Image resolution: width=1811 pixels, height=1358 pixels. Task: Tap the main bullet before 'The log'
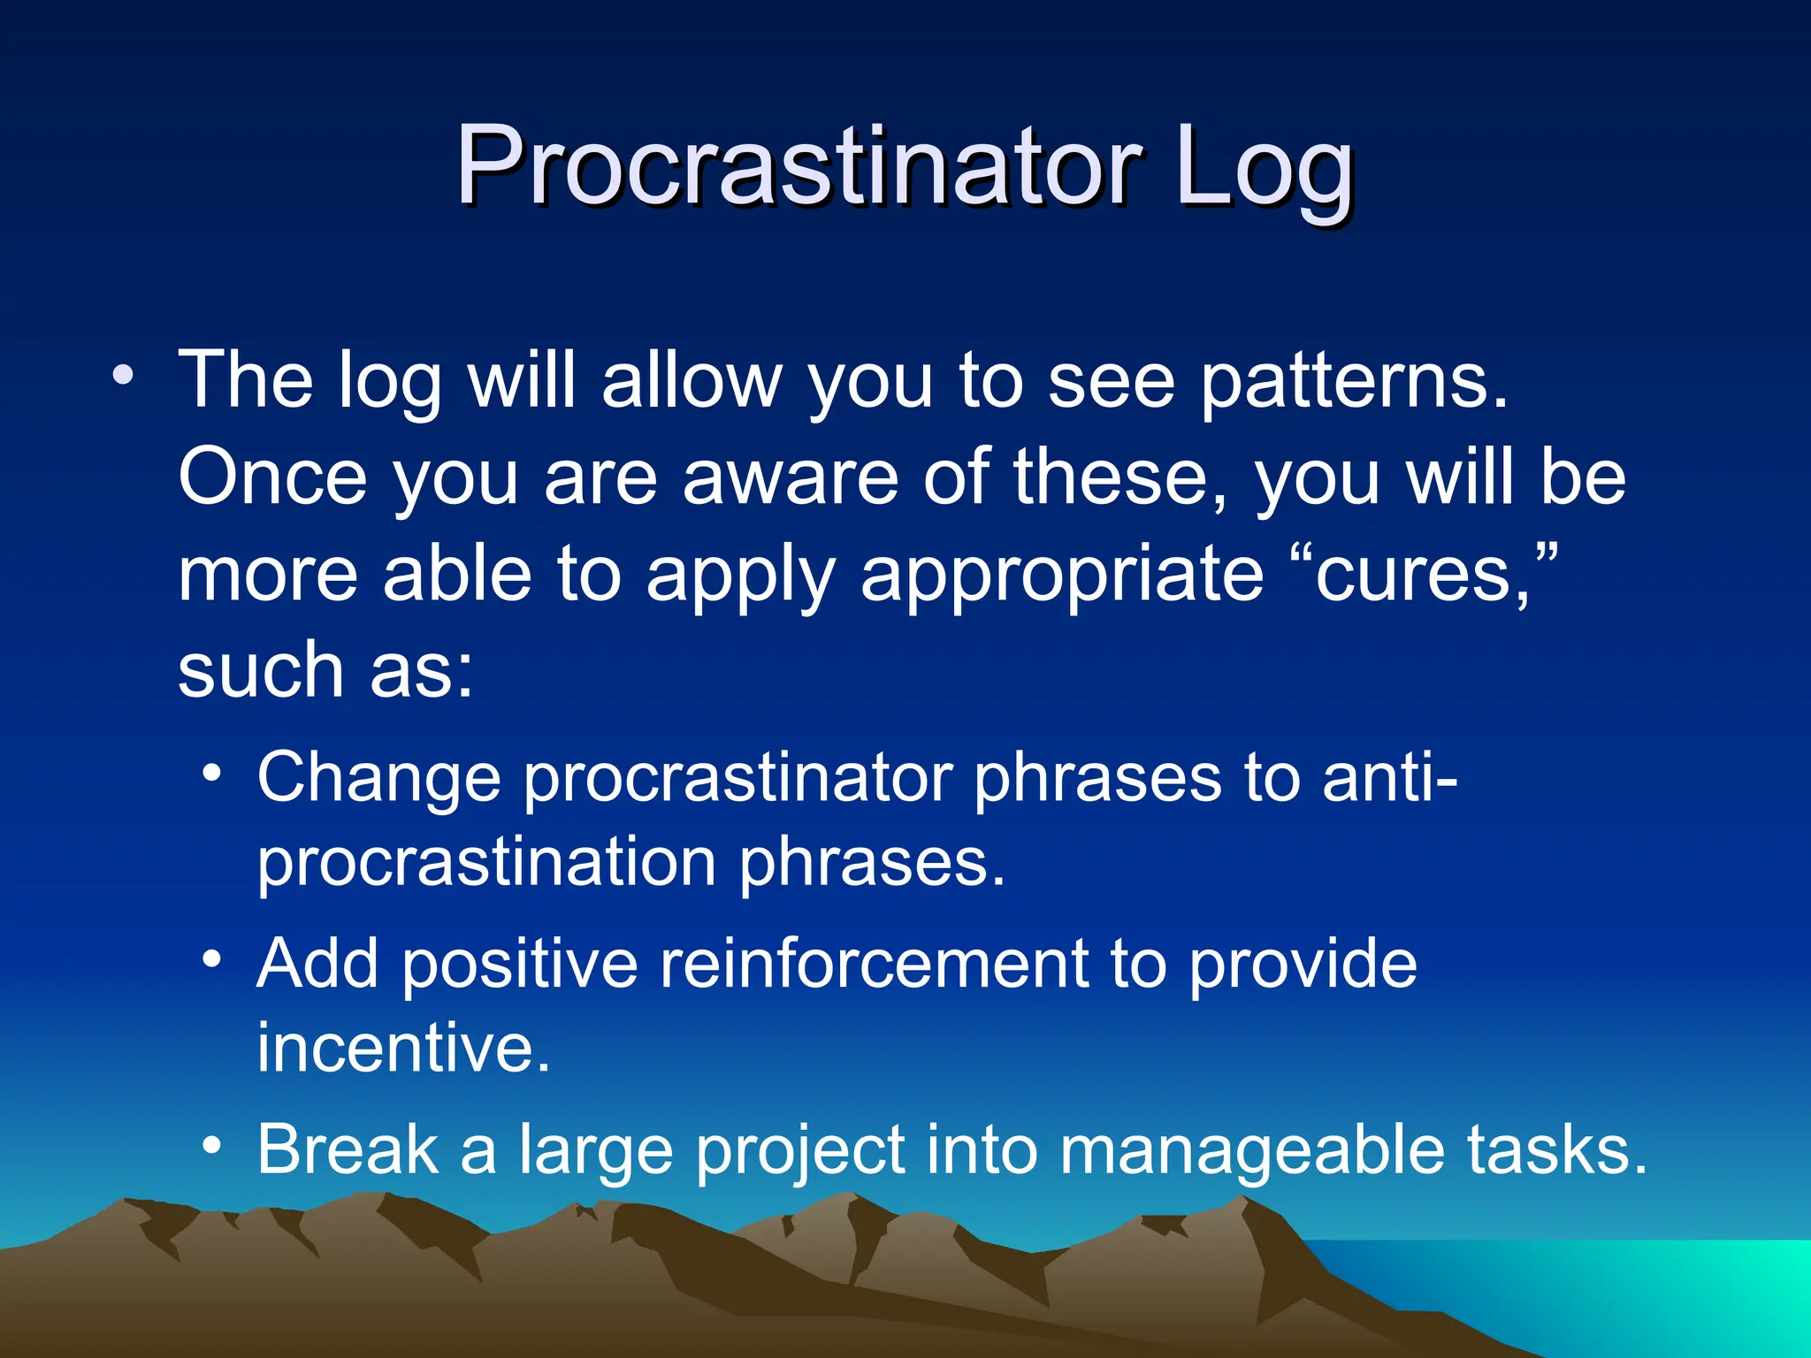(x=124, y=375)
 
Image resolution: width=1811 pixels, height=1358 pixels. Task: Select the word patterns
(x=1353, y=382)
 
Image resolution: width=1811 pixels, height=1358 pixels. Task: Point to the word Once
(x=272, y=477)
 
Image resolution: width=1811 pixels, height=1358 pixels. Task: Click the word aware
(x=791, y=477)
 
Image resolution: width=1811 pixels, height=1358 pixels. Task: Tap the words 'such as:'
(x=325, y=670)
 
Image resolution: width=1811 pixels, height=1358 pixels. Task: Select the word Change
(x=378, y=776)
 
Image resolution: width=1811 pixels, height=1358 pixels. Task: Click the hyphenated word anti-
(x=1389, y=776)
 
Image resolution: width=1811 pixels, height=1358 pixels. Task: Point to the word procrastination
(x=486, y=863)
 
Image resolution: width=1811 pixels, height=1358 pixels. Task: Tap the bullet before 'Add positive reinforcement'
(x=211, y=959)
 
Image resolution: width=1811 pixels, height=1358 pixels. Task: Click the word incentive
(x=403, y=1048)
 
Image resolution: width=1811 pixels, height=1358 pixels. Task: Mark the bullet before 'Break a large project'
(x=211, y=1146)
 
